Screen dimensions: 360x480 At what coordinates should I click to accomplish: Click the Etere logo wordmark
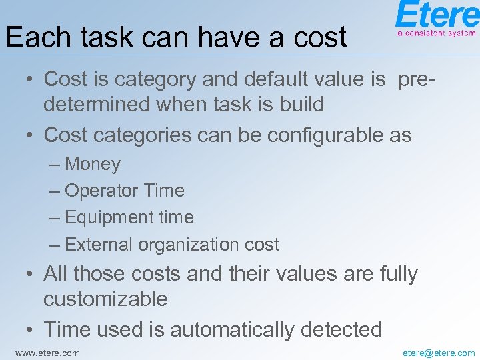point(437,15)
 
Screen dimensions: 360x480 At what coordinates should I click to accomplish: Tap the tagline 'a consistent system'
point(437,32)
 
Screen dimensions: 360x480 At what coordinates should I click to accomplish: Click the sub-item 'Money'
point(93,164)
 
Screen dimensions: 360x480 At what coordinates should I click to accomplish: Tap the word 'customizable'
point(105,299)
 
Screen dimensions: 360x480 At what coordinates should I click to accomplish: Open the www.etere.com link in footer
point(47,353)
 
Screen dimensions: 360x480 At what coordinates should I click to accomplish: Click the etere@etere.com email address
point(439,353)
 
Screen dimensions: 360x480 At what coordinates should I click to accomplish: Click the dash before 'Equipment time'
point(56,218)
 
